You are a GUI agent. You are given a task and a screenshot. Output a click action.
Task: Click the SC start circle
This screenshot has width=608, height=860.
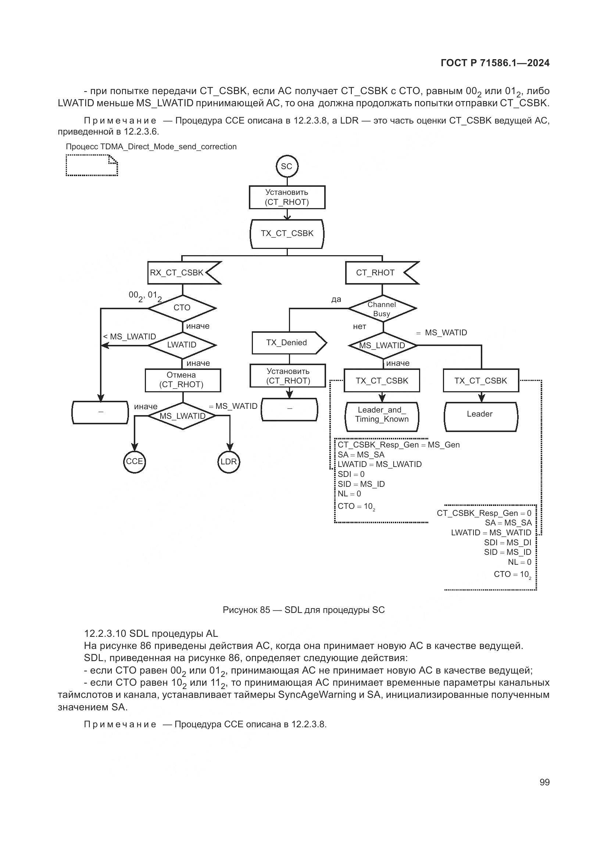click(287, 166)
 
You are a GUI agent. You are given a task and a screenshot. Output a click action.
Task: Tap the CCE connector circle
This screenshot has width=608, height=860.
click(135, 462)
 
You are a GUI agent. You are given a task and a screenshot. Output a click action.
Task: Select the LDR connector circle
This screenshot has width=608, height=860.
click(228, 462)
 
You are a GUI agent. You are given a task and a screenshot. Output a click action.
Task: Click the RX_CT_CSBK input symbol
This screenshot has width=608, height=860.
click(182, 273)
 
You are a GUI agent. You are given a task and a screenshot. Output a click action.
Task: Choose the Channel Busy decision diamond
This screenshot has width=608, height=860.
click(382, 309)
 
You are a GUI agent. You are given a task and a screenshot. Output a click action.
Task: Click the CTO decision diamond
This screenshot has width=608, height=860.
click(182, 308)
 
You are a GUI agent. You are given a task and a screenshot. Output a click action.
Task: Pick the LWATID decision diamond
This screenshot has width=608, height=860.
click(182, 345)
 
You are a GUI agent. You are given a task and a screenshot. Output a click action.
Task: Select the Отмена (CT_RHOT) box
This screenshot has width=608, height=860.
click(183, 380)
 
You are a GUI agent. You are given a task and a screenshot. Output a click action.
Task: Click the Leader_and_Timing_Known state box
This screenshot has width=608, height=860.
click(382, 415)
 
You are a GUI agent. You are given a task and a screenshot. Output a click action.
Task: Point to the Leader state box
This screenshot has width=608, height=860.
click(480, 414)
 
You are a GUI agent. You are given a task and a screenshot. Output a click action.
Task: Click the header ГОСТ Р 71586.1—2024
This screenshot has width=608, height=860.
click(495, 63)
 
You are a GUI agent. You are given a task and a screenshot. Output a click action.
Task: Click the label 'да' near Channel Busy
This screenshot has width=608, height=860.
click(336, 299)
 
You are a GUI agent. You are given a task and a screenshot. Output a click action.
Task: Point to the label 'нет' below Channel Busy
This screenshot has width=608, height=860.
click(360, 326)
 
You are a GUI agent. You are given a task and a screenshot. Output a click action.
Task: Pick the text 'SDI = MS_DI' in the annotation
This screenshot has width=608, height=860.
click(507, 543)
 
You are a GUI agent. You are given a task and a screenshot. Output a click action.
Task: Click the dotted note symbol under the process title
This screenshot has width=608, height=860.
click(92, 166)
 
